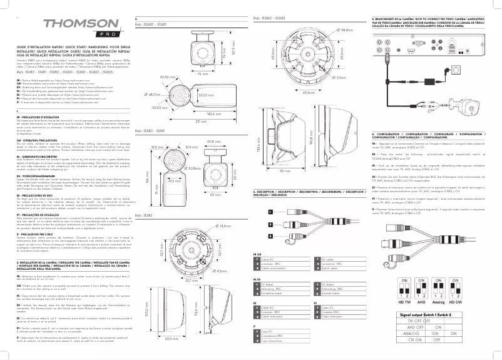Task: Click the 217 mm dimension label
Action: click(200, 121)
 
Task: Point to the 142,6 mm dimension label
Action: click(215, 113)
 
